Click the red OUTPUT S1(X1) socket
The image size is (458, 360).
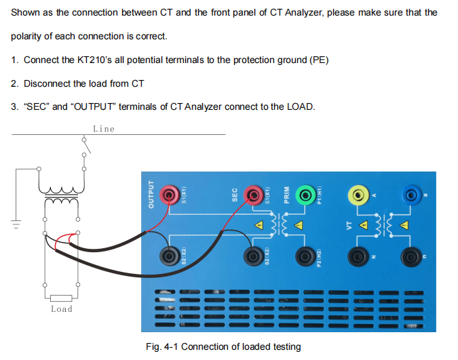click(x=170, y=195)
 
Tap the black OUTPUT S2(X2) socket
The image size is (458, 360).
click(x=170, y=256)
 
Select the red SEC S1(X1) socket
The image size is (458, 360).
click(x=253, y=195)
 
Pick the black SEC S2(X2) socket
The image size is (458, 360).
click(x=253, y=256)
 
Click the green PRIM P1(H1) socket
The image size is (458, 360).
click(x=305, y=195)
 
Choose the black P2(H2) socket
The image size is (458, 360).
click(x=305, y=257)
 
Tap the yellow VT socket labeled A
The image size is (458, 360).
click(x=358, y=195)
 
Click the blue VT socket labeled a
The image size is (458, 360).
click(x=411, y=195)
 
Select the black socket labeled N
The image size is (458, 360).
click(x=358, y=257)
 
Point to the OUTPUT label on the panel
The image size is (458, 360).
click(x=151, y=195)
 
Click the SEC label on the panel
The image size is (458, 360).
click(x=235, y=195)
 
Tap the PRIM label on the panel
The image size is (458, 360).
click(x=286, y=195)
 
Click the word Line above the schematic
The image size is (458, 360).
click(x=104, y=129)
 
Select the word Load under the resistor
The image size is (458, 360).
click(x=62, y=309)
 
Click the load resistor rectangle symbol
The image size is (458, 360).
click(x=61, y=298)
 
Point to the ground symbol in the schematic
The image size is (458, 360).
click(x=16, y=224)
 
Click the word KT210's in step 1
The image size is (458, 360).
click(x=94, y=60)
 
